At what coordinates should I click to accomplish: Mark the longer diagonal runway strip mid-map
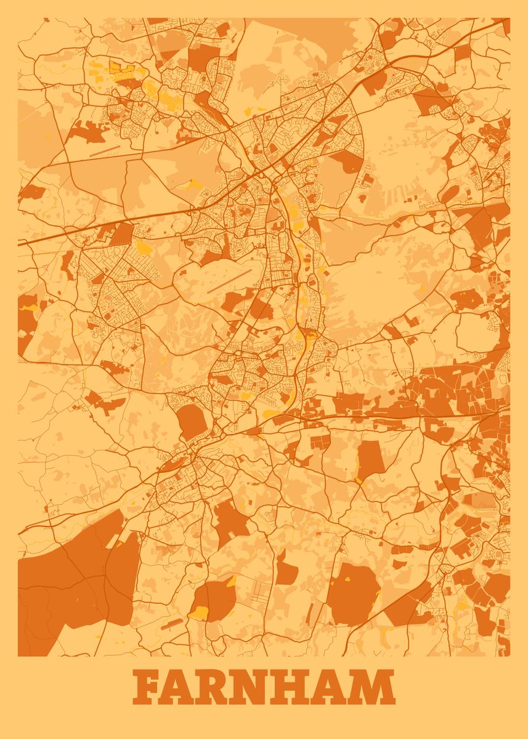(229, 281)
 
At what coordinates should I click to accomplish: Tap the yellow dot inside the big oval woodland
(346, 579)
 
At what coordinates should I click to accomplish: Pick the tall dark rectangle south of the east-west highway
(370, 459)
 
